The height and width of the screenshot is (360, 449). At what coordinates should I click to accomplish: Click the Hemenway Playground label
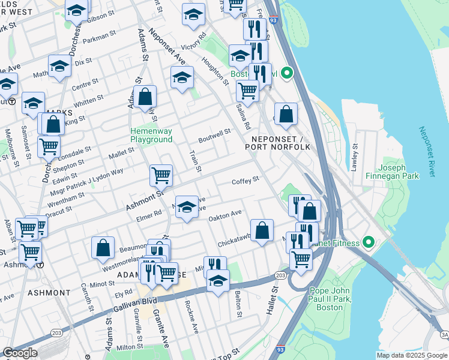pos(151,135)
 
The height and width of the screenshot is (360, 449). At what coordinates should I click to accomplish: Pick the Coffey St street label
pos(245,179)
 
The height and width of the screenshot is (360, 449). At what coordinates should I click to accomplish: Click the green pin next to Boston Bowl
pos(287,74)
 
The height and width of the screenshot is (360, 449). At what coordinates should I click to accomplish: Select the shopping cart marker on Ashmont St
pos(161,175)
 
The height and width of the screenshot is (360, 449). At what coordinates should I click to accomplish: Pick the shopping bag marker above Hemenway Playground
pos(145,96)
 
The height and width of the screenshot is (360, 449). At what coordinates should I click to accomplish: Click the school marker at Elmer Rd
pos(187,207)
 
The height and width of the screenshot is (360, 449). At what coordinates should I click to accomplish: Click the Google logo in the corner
pos(19,353)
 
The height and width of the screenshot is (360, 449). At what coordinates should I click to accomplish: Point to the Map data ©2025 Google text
pos(411,355)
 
